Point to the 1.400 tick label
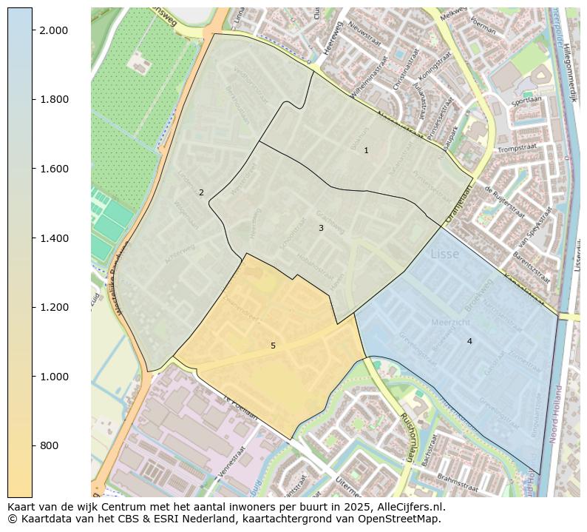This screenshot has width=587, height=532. point(53,238)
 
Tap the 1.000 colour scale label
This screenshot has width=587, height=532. point(53,377)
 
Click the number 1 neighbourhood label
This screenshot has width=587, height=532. point(366,150)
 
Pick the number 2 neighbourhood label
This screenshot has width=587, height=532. point(201,192)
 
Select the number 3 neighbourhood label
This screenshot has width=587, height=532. point(321,228)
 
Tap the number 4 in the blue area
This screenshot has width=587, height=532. point(469,341)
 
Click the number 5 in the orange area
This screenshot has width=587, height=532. point(273,346)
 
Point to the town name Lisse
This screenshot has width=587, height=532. point(444,254)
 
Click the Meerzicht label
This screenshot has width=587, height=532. point(449,322)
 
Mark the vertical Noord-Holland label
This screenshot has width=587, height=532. point(556,414)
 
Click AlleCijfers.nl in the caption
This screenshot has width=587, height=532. point(409,507)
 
